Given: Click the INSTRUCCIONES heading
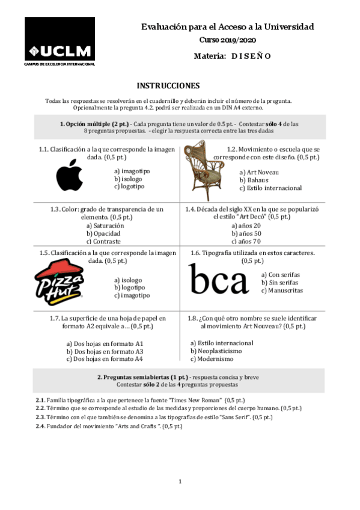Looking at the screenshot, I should tap(168, 86).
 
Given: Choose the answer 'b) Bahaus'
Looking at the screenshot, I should tap(254, 180).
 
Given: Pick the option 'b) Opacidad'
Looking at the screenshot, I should tap(103, 233).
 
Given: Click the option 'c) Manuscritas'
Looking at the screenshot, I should tap(282, 291).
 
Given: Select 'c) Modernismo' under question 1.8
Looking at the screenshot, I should tap(212, 359).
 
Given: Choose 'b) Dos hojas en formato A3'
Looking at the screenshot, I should tap(105, 351).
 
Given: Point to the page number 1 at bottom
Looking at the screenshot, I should tap(180, 481).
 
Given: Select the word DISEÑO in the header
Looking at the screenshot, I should tap(252, 56).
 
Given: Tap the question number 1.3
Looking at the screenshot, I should tap(55, 209).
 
